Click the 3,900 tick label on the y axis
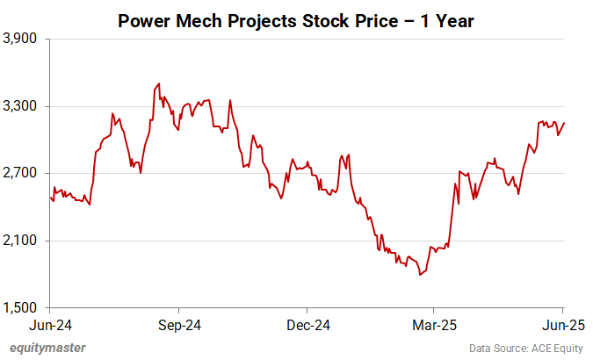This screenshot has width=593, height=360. [x=20, y=40]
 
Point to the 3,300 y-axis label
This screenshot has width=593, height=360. [x=20, y=106]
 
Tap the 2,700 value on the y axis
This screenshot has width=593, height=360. [x=20, y=174]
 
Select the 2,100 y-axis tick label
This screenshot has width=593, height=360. [x=20, y=241]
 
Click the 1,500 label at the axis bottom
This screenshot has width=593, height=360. [x=20, y=307]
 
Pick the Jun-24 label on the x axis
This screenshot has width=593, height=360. [x=50, y=325]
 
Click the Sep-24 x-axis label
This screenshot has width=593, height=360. [x=179, y=325]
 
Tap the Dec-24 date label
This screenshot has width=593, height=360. [x=307, y=325]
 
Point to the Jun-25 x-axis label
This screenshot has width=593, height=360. [x=563, y=325]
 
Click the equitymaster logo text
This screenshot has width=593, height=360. [x=48, y=348]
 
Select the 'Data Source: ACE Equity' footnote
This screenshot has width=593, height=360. [x=531, y=348]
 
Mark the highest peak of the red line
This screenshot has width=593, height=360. [x=158, y=84]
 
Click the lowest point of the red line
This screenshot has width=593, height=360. [x=421, y=275]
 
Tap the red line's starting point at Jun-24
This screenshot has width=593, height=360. [x=50, y=197]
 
